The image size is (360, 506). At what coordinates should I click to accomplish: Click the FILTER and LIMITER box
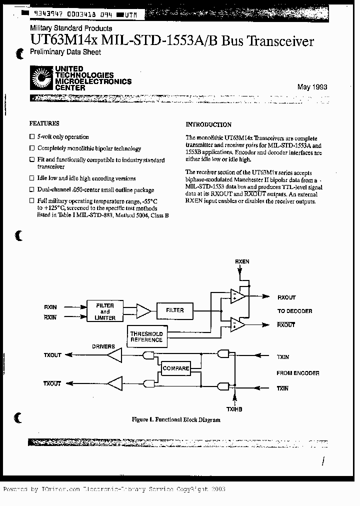(x=104, y=311)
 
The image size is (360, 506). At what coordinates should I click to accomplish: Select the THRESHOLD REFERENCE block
(x=146, y=336)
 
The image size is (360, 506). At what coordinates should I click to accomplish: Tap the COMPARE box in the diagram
(x=175, y=368)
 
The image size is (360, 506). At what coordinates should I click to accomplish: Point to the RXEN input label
(x=242, y=261)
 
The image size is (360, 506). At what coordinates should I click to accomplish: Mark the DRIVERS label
(x=103, y=346)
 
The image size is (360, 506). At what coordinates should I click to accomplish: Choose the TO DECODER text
(x=294, y=311)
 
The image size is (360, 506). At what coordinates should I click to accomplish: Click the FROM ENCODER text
(x=297, y=373)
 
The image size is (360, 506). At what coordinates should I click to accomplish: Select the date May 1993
(x=312, y=87)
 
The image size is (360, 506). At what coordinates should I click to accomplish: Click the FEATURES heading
(x=44, y=123)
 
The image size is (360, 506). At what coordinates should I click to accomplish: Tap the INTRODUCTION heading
(x=208, y=124)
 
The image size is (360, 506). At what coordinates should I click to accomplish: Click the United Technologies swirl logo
(x=41, y=77)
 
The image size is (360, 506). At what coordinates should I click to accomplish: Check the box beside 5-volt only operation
(x=32, y=136)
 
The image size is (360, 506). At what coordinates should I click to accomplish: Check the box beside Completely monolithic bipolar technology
(x=32, y=148)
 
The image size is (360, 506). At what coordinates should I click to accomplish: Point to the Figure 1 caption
(x=175, y=419)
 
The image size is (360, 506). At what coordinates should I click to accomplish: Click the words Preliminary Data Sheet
(x=65, y=52)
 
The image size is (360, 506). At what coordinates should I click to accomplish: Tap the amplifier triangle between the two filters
(x=143, y=311)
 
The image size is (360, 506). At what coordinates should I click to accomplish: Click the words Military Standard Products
(x=71, y=28)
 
